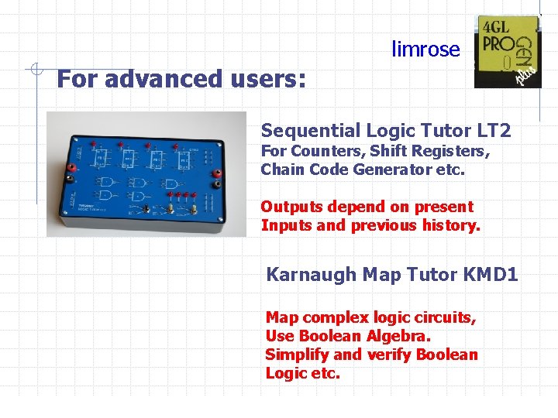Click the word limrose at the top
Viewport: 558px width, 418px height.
pos(425,50)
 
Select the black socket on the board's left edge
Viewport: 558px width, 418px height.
pos(71,178)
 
